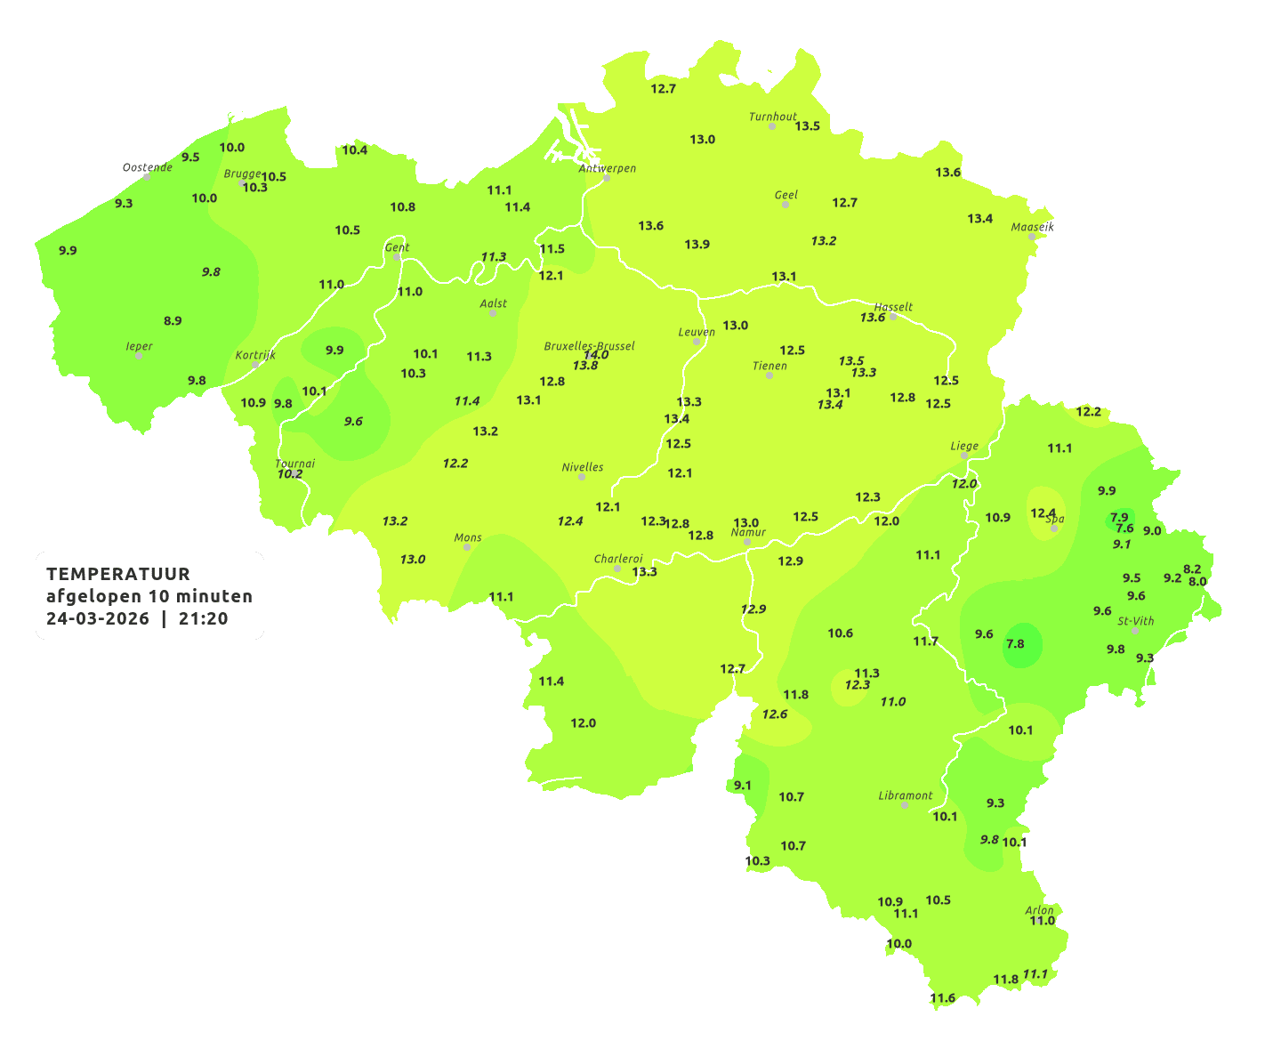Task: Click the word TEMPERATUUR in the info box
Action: [x=118, y=574]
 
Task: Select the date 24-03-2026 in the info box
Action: [x=98, y=619]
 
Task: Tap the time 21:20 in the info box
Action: [x=204, y=619]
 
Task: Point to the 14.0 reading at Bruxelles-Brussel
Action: [x=596, y=355]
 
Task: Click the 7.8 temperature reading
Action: [x=1015, y=644]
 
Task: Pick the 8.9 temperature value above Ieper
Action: [x=173, y=321]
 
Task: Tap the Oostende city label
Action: [x=148, y=167]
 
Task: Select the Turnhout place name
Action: [x=773, y=117]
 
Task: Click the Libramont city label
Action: [x=906, y=795]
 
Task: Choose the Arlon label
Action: [x=1039, y=910]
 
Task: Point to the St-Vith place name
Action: [x=1136, y=621]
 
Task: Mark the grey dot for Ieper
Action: [x=139, y=356]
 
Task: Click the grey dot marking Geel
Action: [x=786, y=205]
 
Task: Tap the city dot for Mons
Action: [x=467, y=547]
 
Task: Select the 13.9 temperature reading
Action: [x=697, y=245]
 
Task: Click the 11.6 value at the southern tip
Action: [x=943, y=998]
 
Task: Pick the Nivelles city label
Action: [x=583, y=467]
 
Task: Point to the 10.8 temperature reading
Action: [x=403, y=207]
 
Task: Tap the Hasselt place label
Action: [x=893, y=307]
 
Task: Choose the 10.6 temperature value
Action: [x=841, y=633]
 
